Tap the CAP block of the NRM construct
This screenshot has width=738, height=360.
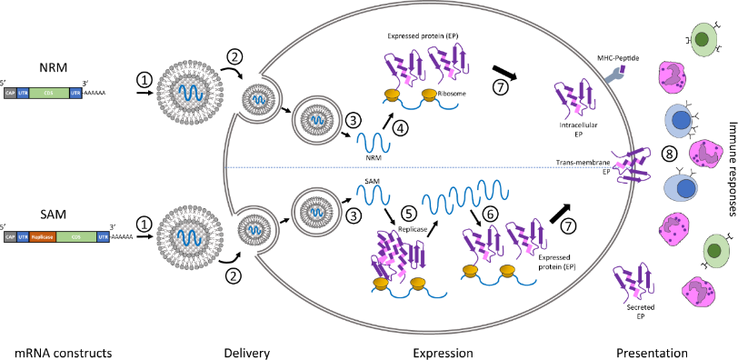(10, 95)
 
